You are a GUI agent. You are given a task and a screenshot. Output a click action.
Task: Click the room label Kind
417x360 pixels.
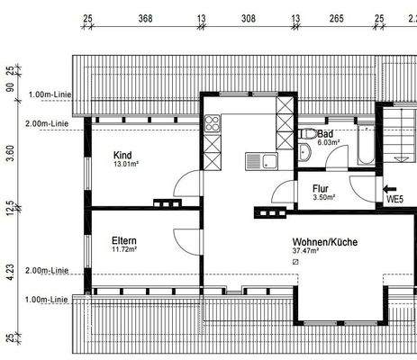click(122, 154)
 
